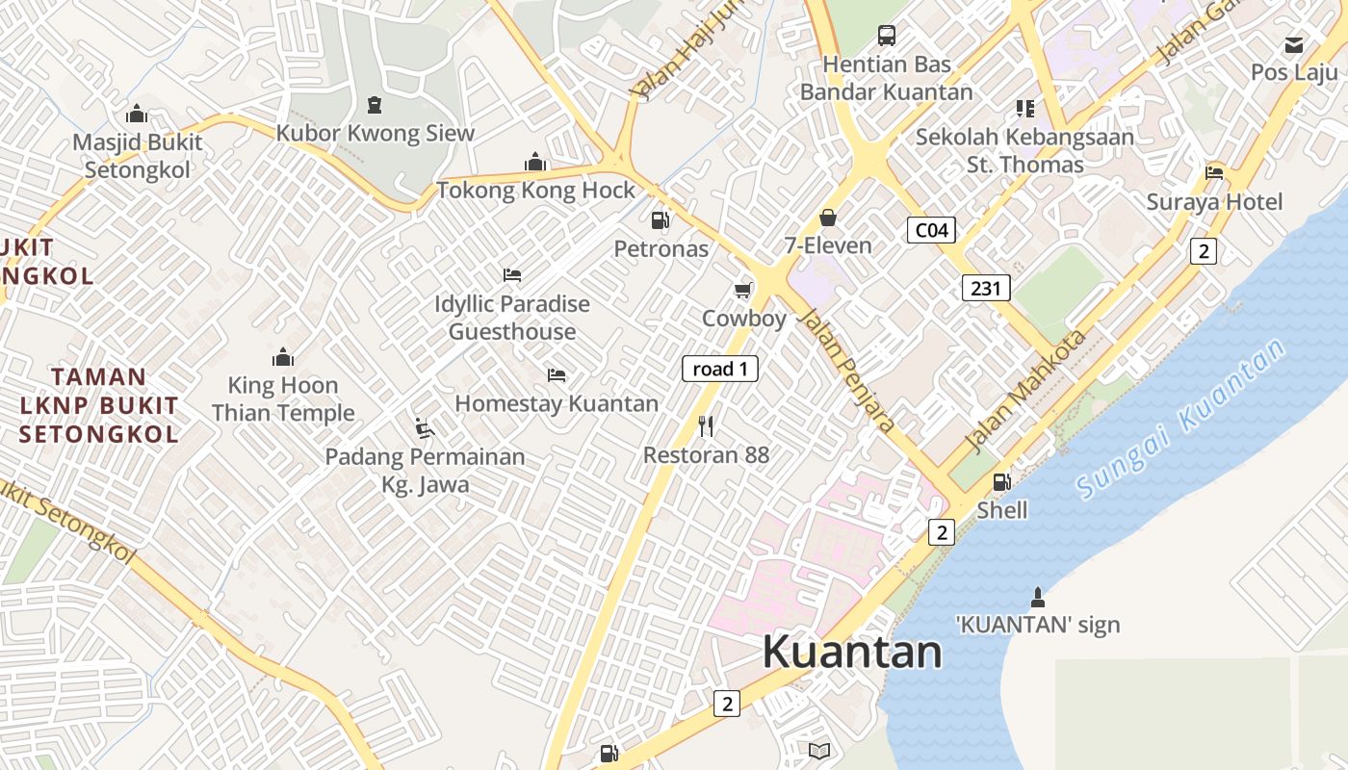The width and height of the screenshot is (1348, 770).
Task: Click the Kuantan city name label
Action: [x=852, y=652]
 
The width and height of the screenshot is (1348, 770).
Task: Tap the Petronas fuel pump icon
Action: [x=660, y=220]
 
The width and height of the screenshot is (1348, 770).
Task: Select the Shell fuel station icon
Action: [x=1002, y=481]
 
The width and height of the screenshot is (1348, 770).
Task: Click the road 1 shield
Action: [x=720, y=369]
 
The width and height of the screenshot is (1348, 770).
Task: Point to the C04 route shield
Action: [x=931, y=230]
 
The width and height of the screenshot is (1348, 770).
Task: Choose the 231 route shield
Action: [x=986, y=287]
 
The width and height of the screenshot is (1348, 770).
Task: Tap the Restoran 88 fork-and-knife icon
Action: [x=706, y=425]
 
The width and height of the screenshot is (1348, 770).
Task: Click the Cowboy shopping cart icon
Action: [x=742, y=290]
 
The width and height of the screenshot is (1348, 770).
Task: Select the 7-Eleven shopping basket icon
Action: [x=827, y=218]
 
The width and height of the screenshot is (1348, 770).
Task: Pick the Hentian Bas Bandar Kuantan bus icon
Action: [x=887, y=37]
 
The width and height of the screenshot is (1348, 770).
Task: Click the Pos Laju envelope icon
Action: [x=1294, y=44]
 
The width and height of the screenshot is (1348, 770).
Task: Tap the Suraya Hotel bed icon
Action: [x=1214, y=173]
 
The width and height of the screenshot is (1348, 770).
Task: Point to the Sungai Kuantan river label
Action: [x=1182, y=420]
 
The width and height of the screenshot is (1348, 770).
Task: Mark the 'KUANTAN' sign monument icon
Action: [x=1037, y=596]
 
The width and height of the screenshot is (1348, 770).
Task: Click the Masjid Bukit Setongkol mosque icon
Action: [x=137, y=114]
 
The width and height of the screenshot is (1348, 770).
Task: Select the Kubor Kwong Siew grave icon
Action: [x=375, y=104]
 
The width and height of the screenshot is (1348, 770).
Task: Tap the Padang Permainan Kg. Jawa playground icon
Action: [x=424, y=427]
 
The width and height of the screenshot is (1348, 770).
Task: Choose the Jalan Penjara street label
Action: [x=848, y=369]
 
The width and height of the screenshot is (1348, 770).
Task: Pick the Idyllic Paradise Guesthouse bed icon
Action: [x=512, y=275]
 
